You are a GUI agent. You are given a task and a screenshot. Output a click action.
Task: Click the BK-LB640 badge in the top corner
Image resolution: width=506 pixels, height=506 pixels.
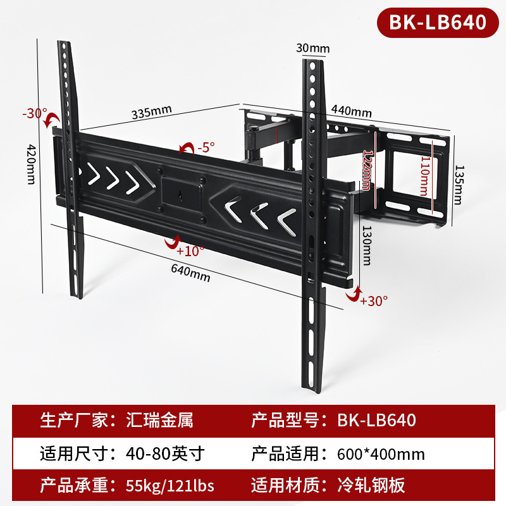click(x=438, y=23)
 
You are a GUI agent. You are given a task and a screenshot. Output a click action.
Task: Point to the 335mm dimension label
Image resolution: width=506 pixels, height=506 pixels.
click(x=152, y=113)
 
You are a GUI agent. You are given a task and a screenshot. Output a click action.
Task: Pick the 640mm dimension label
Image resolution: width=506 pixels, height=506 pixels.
click(x=190, y=274)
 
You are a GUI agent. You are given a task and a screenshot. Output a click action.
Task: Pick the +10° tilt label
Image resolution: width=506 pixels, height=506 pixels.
click(x=190, y=250)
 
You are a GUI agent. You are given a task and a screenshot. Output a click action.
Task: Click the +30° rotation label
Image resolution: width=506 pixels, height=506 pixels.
click(x=373, y=300)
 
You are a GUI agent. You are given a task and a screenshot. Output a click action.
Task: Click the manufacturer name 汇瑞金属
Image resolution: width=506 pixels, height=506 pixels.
click(x=152, y=420)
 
